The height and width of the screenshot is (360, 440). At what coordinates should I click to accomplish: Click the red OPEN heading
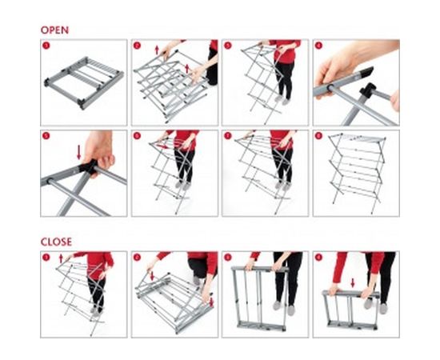click(x=54, y=30)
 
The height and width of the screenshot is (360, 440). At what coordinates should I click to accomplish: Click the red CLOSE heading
click(x=56, y=242)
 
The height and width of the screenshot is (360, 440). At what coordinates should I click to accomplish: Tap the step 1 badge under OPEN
click(x=46, y=46)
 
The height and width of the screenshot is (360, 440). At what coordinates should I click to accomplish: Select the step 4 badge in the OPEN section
click(x=318, y=46)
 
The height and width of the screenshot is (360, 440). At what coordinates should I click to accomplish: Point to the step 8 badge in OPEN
click(x=318, y=136)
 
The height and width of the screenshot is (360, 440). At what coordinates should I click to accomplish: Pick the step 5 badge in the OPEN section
click(x=46, y=136)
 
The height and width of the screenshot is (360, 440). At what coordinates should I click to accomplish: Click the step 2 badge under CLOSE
click(x=137, y=258)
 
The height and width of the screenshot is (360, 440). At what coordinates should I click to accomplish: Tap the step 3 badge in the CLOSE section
click(x=228, y=258)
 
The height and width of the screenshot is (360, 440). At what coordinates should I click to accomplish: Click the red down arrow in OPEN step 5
click(x=79, y=152)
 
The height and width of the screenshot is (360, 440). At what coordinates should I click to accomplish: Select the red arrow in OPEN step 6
click(x=162, y=146)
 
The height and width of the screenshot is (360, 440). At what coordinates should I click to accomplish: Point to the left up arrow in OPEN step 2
click(x=157, y=50)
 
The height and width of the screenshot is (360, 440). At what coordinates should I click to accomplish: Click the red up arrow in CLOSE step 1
click(x=61, y=258)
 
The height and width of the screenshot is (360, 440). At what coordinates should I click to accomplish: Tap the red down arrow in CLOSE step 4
click(x=353, y=283)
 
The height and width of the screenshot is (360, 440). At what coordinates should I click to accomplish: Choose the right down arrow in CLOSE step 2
click(x=211, y=302)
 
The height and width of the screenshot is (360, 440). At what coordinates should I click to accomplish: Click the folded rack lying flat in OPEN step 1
click(x=84, y=83)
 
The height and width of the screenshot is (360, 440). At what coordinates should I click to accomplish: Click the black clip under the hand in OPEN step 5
click(x=88, y=166)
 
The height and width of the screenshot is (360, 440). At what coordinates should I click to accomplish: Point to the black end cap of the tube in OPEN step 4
click(x=365, y=72)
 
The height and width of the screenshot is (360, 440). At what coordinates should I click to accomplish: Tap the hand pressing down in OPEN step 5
click(x=98, y=151)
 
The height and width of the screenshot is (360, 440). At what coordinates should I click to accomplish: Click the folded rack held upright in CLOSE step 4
click(x=351, y=311)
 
